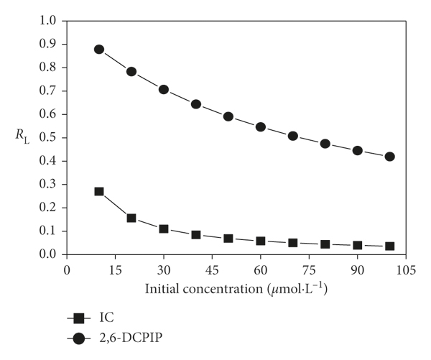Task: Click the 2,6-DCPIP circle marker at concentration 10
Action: pos(99,50)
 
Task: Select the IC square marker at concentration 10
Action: pos(99,192)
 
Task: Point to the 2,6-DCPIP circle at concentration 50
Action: pos(228,116)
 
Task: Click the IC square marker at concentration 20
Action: pos(131,218)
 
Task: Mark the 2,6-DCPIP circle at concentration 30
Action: pos(164,90)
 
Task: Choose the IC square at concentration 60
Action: pos(261,241)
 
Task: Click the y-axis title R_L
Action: pos(25,133)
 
